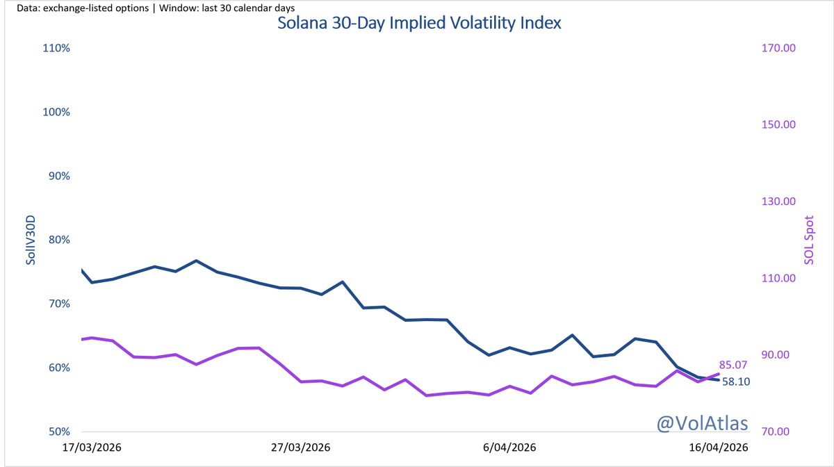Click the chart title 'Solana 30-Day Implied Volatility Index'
[x=419, y=22]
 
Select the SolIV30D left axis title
[x=31, y=240]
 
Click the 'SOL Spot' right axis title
[x=808, y=240]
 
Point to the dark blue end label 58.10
[x=736, y=382]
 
